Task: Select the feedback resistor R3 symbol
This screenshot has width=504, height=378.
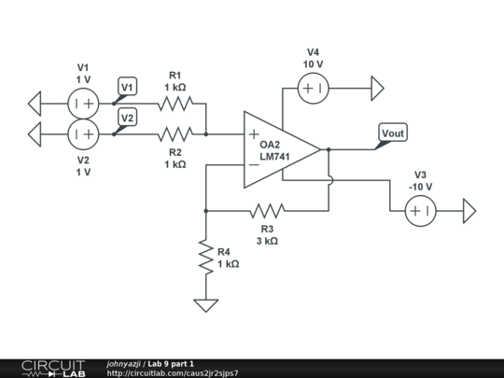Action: [267, 211]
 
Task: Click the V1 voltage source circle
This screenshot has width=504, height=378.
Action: [83, 103]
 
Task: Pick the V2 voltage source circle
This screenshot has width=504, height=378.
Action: [83, 134]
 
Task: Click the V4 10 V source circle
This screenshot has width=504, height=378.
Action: [313, 89]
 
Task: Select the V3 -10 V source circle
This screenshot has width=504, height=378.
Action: [420, 212]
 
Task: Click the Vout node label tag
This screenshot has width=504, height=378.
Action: [393, 133]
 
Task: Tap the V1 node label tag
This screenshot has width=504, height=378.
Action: [128, 87]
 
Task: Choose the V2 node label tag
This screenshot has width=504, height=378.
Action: [128, 118]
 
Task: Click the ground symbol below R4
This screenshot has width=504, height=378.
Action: [205, 304]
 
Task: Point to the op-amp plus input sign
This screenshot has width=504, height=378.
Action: [254, 133]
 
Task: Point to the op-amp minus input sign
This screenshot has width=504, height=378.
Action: [254, 164]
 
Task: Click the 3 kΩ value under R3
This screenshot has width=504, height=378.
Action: [267, 241]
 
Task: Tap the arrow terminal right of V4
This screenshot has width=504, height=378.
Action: [376, 89]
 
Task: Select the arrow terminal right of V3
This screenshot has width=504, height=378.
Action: [469, 212]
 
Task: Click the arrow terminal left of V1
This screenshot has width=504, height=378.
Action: [35, 103]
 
